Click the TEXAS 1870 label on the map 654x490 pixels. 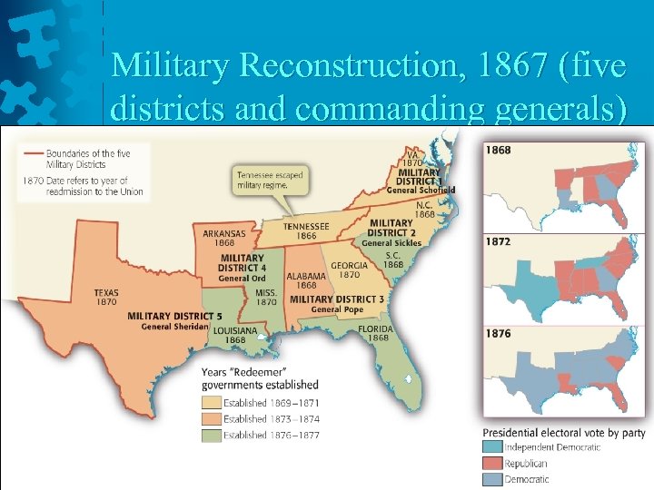click(105, 297)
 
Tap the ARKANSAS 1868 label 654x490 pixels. click(224, 238)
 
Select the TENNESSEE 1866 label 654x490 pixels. click(307, 230)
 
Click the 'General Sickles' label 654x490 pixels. click(390, 243)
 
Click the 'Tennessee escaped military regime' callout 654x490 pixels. click(270, 179)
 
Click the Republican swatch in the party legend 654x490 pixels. click(492, 463)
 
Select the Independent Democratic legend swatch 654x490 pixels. click(492, 446)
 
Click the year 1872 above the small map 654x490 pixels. click(498, 242)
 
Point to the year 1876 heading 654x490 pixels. click(498, 333)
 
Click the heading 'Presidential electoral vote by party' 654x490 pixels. click(563, 432)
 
